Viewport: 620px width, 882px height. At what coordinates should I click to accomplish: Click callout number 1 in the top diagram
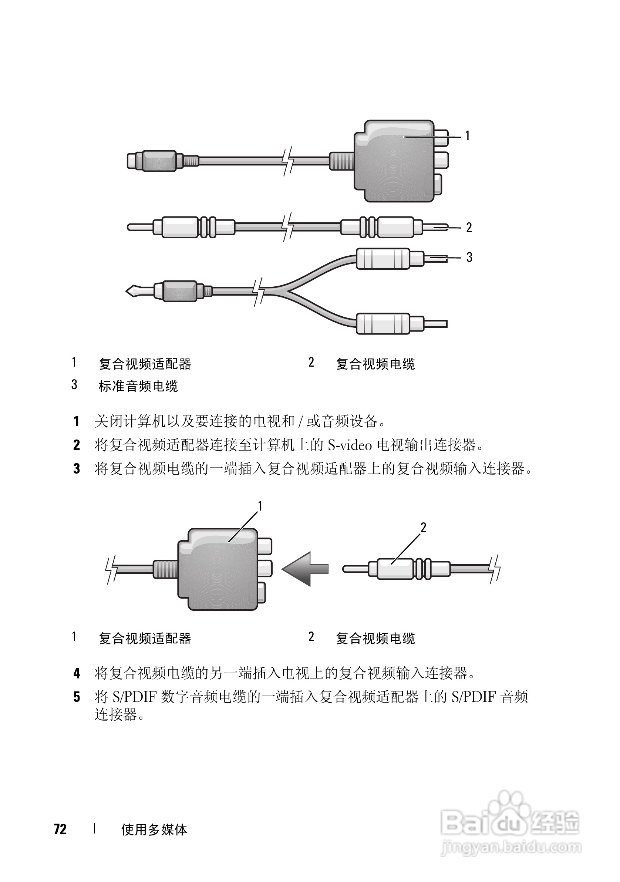[467, 136]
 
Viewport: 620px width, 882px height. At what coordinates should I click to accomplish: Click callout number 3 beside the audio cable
[469, 257]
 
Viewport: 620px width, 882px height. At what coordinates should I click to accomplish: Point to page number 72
[60, 829]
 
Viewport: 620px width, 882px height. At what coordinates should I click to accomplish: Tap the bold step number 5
[77, 697]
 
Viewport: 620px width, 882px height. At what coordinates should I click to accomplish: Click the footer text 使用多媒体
[154, 829]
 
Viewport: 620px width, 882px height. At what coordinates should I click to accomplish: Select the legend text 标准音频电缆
[138, 386]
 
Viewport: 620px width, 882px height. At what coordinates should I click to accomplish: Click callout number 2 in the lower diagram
[423, 528]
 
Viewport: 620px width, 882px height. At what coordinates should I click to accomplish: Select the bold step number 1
[77, 421]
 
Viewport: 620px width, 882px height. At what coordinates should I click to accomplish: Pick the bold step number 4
[77, 673]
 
